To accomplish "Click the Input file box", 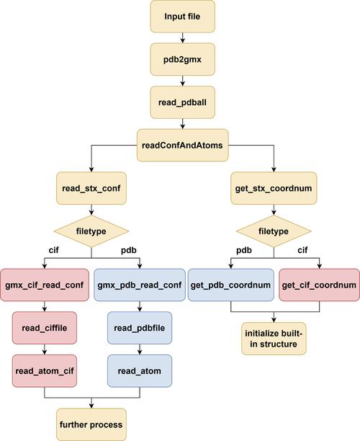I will pos(181,17).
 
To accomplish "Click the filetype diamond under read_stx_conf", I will pos(91,232).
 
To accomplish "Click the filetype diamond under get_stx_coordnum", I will pos(273,232).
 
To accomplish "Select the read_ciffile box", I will pos(45,328).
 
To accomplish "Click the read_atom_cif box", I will pos(45,370).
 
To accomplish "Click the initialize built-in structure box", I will pos(273,339).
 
